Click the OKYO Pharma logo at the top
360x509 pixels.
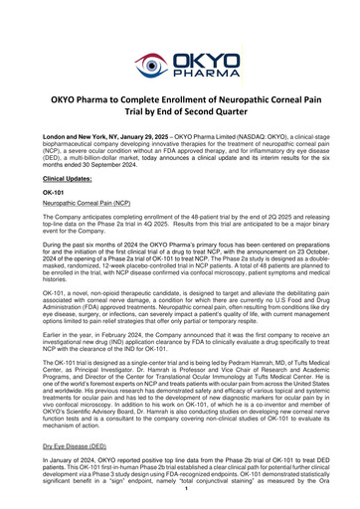pos(180,38)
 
